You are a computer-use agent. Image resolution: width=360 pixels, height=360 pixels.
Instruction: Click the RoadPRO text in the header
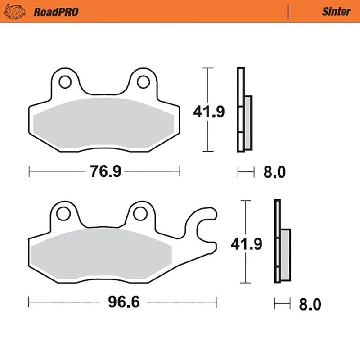55,11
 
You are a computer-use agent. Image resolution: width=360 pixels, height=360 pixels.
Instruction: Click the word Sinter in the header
336,11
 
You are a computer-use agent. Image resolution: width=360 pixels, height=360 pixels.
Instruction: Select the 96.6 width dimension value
122,302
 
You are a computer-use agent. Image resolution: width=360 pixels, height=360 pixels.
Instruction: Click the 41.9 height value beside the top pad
209,111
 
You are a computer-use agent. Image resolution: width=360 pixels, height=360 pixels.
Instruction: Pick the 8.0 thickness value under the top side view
273,172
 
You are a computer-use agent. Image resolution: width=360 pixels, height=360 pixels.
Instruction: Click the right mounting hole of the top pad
143,81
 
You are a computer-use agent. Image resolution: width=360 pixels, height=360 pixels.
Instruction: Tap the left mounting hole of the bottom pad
63,214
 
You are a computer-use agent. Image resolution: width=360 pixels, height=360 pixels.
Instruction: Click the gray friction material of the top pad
103,124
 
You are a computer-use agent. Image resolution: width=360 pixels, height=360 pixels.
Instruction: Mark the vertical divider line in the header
288,11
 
